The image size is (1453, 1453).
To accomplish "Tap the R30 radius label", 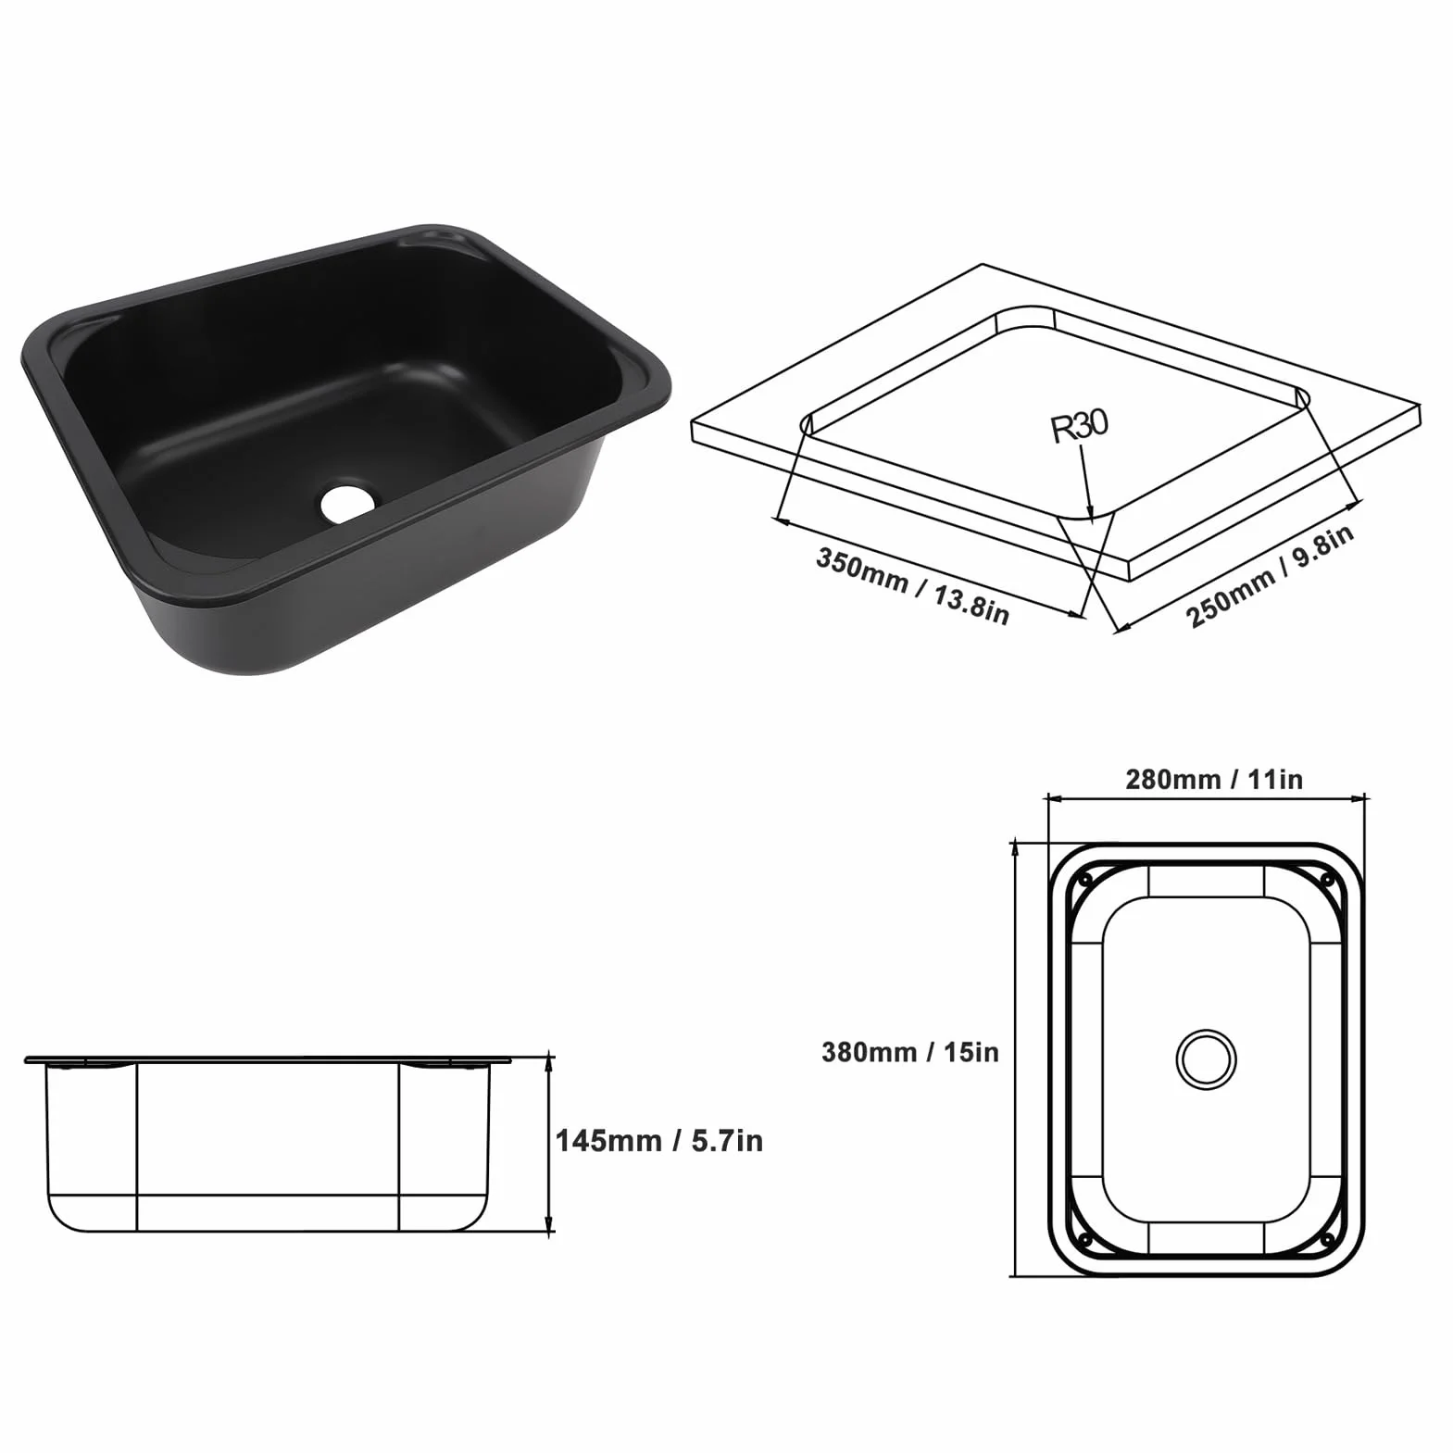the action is [1079, 425].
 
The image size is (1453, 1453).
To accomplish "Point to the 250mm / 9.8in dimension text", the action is [1271, 576].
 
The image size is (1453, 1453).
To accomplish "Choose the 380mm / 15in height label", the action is [910, 1052].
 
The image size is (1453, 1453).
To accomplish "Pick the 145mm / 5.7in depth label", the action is [659, 1141].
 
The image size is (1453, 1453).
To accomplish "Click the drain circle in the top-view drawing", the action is [1206, 1058].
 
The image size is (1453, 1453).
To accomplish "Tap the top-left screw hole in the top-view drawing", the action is [1085, 877].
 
